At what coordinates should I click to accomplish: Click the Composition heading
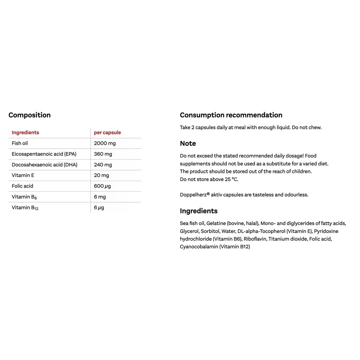[30, 115]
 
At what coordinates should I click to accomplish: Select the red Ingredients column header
[25, 133]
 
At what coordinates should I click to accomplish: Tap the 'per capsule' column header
[107, 133]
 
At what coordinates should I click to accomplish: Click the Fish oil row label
[20, 143]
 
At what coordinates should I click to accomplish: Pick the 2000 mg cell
[105, 143]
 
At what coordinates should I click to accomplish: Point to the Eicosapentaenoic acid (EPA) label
[44, 154]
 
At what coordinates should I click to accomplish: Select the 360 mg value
[103, 154]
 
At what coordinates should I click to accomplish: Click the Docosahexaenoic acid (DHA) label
[44, 165]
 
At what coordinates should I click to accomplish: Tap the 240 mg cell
[103, 165]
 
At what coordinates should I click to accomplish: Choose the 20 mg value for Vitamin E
[102, 175]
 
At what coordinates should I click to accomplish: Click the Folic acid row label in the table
[22, 186]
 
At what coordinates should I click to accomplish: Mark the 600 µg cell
[102, 186]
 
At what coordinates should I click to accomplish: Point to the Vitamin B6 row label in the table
[24, 197]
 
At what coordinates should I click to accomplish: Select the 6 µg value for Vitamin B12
[99, 207]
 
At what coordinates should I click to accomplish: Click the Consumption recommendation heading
[231, 115]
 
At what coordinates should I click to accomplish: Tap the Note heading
[188, 143]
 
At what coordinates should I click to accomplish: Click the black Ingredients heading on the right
[199, 211]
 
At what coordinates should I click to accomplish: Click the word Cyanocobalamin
[199, 247]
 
